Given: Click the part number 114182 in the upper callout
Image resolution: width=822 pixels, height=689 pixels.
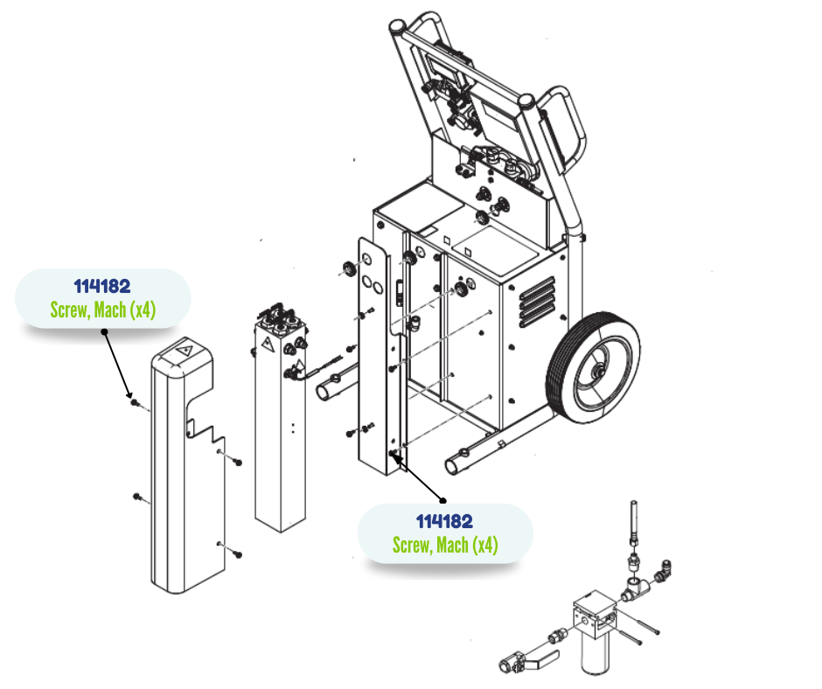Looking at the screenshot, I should point(101,287).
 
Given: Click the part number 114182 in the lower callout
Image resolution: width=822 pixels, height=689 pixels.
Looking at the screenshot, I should point(444,522).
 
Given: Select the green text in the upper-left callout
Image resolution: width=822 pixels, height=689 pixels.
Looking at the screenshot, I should point(102,310).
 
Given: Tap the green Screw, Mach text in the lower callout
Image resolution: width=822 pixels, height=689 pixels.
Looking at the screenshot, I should point(444,546).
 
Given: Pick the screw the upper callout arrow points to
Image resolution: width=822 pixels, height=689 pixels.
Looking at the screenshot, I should point(134,402).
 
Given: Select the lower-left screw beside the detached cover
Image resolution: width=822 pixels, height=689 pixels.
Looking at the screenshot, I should point(137,497).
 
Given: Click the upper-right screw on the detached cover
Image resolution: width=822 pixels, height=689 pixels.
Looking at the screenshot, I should point(238,462).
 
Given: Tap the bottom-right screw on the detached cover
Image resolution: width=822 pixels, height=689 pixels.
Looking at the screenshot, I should point(238,554).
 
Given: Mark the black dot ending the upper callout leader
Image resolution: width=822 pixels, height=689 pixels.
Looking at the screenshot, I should point(103,331).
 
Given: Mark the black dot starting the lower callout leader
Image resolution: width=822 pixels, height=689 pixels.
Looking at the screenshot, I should point(442,501).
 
